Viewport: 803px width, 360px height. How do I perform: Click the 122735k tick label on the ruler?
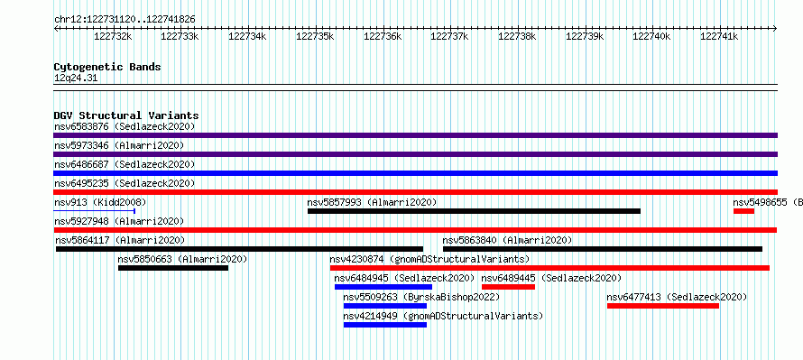(315, 36)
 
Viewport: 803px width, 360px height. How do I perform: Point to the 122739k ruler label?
(585, 36)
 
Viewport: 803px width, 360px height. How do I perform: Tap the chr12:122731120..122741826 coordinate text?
(125, 20)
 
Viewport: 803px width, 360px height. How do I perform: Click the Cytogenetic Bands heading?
(107, 67)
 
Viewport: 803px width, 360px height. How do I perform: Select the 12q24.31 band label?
(76, 78)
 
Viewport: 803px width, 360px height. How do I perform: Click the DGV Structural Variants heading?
(126, 115)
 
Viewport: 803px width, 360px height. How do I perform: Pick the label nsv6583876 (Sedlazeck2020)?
(125, 126)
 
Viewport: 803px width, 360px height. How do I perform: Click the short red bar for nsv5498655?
(743, 211)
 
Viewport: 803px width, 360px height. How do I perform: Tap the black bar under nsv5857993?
(474, 211)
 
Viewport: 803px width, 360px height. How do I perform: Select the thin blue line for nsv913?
(94, 211)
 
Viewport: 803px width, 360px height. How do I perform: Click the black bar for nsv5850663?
(173, 268)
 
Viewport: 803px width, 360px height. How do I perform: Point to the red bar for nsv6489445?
(508, 287)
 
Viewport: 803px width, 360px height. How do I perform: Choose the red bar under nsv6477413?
(663, 306)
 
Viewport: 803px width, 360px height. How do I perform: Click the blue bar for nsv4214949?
(385, 325)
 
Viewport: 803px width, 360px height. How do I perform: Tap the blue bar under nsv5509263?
(385, 306)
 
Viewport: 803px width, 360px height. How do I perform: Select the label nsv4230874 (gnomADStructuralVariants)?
(429, 259)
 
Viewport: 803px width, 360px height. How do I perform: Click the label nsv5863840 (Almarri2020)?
(507, 240)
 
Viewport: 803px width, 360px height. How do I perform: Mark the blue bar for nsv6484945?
(383, 287)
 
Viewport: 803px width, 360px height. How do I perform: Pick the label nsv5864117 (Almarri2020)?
(120, 240)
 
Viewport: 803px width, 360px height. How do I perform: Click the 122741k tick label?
(719, 36)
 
